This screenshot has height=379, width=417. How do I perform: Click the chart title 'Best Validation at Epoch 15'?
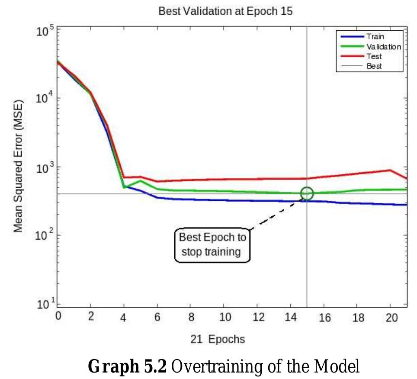[225, 12]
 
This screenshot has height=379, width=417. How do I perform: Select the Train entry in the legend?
[375, 37]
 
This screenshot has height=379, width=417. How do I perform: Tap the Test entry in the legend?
[374, 57]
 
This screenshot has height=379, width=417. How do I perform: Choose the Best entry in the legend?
[374, 66]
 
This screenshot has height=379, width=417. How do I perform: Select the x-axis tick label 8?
[191, 317]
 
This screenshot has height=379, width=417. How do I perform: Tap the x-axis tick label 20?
[391, 317]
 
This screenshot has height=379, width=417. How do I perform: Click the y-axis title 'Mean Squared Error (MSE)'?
[18, 167]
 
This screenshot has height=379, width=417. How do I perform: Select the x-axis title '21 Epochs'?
[218, 339]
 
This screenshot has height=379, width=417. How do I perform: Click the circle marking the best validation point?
[307, 193]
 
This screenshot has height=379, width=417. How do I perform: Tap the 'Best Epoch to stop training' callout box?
[212, 244]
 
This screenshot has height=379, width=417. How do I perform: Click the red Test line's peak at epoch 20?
[390, 170]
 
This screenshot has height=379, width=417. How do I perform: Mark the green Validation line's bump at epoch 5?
[141, 181]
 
